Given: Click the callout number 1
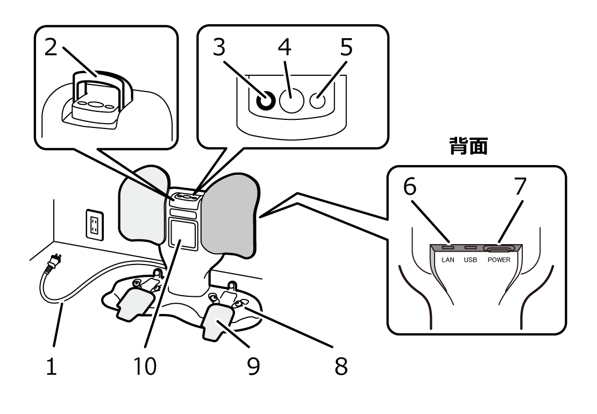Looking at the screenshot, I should click(x=51, y=366).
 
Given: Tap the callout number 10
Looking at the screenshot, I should click(x=146, y=366).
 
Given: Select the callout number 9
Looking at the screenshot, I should click(x=253, y=366).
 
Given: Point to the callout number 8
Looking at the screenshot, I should click(x=340, y=366).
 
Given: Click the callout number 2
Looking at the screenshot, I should click(x=51, y=48).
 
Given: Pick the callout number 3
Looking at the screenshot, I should click(x=218, y=48).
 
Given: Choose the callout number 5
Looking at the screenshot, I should click(x=346, y=48).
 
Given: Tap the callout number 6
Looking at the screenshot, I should click(x=410, y=187).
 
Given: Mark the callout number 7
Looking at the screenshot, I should click(x=520, y=187).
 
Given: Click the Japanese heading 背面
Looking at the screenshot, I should click(x=468, y=146).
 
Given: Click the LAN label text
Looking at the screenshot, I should click(x=448, y=260).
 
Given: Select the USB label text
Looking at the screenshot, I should click(x=470, y=260).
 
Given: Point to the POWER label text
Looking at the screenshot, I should click(x=499, y=260).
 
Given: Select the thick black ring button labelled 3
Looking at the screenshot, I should click(x=265, y=101).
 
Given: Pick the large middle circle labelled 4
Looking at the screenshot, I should click(x=291, y=100).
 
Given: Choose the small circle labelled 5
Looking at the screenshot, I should click(x=318, y=100).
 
